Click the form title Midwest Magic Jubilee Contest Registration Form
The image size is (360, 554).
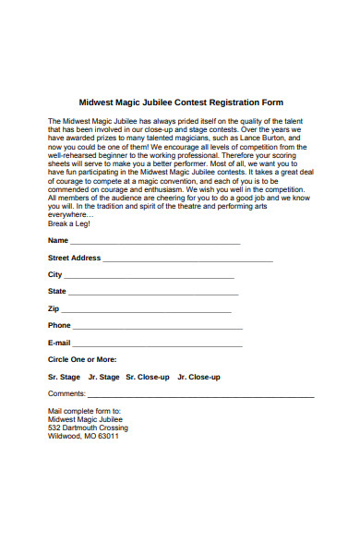point(181,102)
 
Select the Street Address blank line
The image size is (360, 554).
point(188,260)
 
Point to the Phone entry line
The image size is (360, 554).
point(158,328)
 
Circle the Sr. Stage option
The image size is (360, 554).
point(65,378)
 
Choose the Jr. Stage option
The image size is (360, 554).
point(104,378)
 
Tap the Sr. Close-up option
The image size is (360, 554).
point(148,378)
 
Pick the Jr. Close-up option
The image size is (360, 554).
point(198,378)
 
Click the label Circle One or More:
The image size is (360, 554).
point(82,359)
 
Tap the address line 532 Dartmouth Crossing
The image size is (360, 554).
point(88,428)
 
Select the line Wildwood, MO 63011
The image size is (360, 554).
point(83,437)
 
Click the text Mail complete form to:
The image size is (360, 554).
point(84,411)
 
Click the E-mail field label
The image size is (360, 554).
point(59,343)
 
